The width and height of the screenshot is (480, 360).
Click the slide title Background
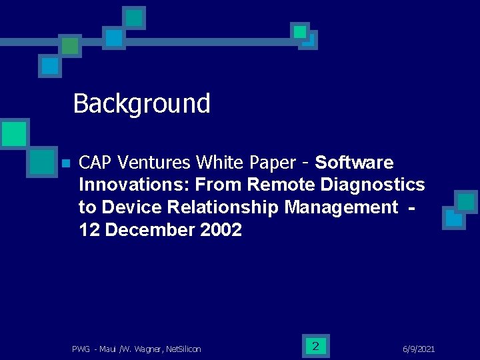141,104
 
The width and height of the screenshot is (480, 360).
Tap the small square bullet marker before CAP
65,163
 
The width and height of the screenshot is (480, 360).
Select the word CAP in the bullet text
94,163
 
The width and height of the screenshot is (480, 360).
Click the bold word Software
354,163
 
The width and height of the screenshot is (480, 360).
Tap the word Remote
277,185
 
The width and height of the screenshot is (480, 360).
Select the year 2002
221,230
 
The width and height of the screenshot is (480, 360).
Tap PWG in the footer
81,349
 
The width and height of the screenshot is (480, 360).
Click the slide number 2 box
315,345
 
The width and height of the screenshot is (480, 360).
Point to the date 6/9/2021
419,349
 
